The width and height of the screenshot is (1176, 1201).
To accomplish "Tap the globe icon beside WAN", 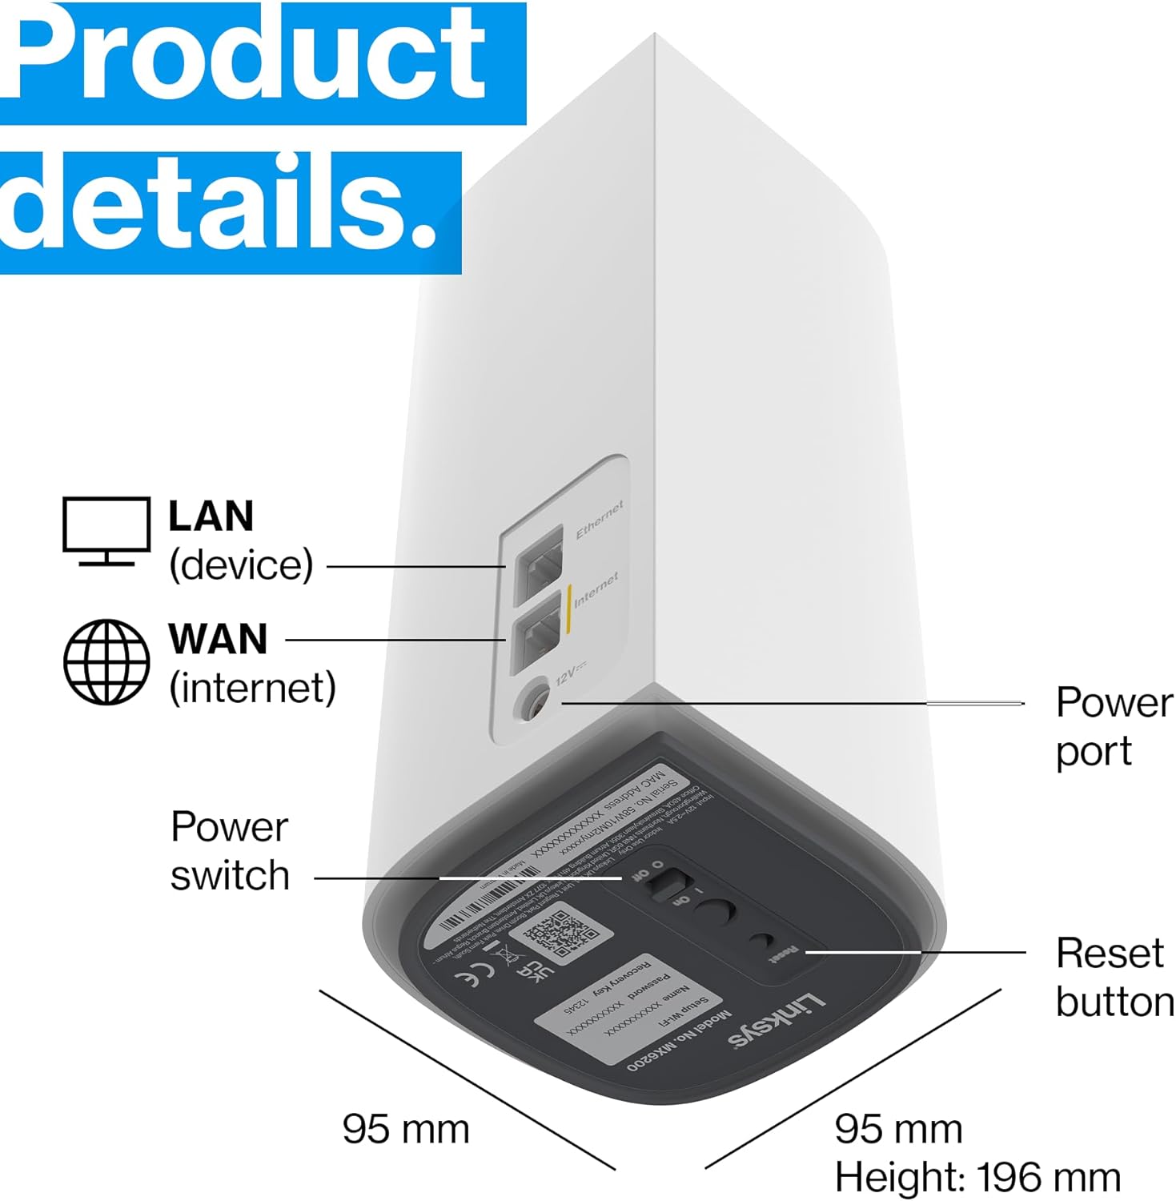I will coord(106,661).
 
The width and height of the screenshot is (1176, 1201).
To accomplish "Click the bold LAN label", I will coord(211,516).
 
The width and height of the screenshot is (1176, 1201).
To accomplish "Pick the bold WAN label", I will coord(217,639).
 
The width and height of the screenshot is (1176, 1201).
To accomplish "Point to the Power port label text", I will coord(1113,726).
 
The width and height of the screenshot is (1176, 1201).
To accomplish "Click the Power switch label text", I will coord(230,850).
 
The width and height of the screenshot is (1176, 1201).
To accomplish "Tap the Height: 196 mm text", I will coord(977,1177).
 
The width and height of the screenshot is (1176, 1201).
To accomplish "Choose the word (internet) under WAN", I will coord(252,688).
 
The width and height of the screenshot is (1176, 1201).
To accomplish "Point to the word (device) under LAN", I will coord(240,564).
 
